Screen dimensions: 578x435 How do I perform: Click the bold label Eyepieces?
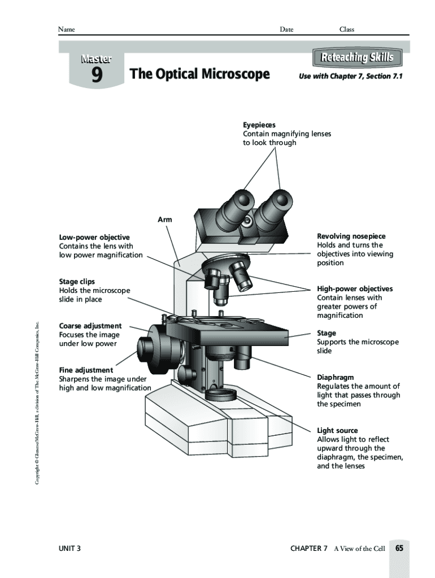coord(259,125)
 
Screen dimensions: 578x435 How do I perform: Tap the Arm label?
coord(165,220)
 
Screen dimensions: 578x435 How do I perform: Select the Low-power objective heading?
coord(94,237)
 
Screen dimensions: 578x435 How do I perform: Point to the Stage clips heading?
coord(77,281)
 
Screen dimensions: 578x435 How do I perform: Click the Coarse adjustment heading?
coord(90,326)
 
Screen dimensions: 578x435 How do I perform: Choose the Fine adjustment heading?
coord(86,370)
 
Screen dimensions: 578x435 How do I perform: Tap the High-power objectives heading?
coord(355,288)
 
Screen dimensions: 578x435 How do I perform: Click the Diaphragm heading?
coord(336,377)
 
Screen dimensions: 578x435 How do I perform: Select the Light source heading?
coord(337,430)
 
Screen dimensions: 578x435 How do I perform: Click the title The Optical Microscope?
coord(200,74)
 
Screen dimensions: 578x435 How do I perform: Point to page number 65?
coord(399,548)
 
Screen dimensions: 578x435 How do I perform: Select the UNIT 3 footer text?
coord(70,548)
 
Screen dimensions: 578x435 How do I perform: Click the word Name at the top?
coord(67,29)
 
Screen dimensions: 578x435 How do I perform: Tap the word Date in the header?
coord(286,29)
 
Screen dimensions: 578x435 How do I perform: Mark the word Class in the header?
coord(346,29)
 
